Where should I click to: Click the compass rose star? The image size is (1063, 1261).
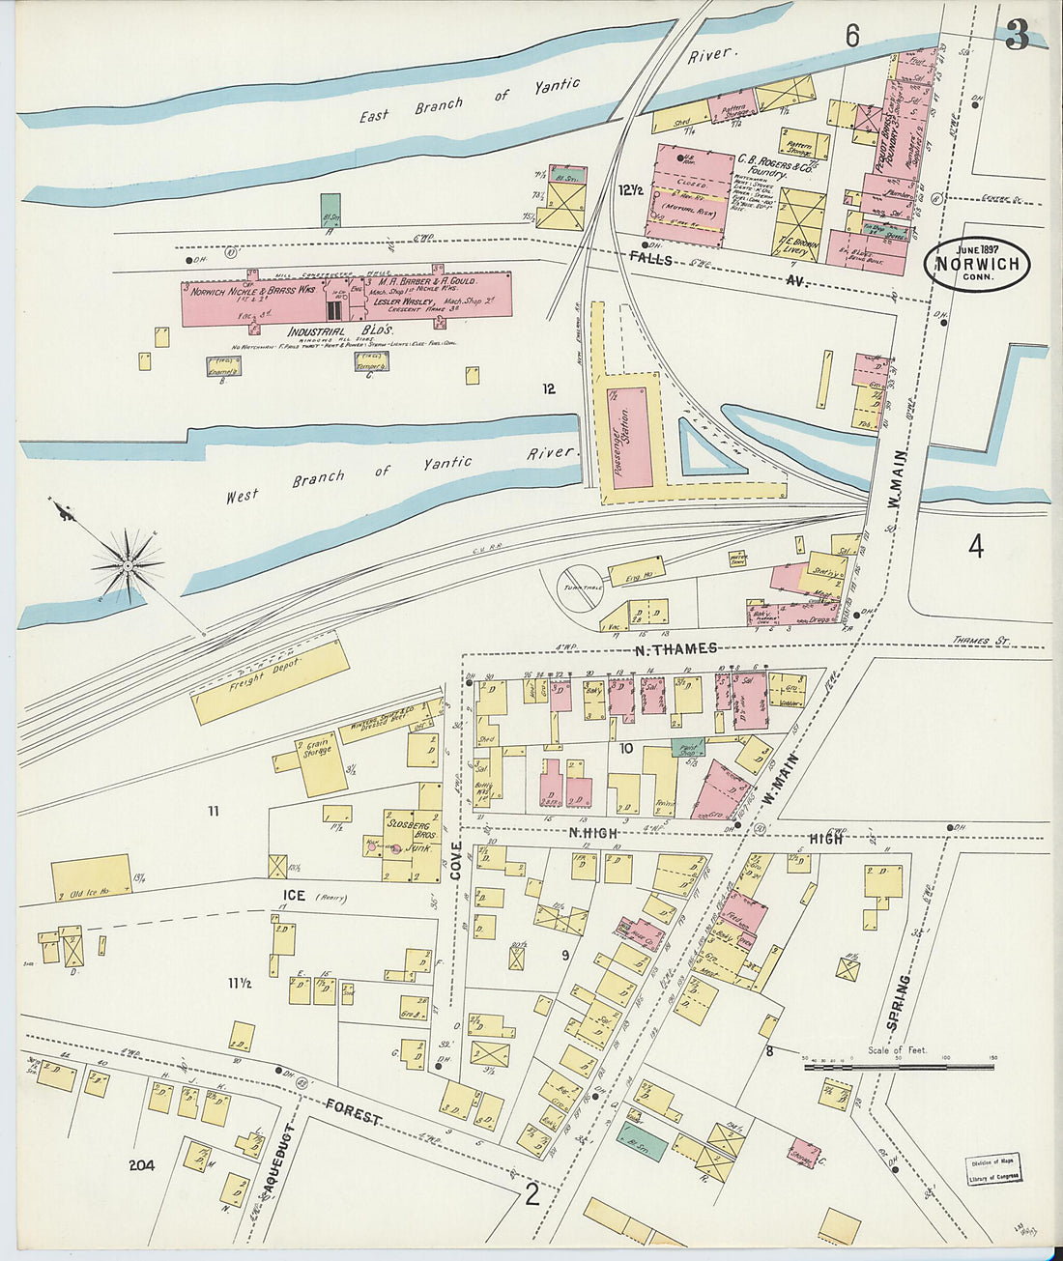coord(127,563)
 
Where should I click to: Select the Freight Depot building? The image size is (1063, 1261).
coord(270,682)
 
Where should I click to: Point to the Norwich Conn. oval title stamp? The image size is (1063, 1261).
coord(976,263)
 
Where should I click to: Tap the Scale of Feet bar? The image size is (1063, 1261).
coord(899,1067)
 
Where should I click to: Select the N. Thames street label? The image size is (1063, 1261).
coord(675,648)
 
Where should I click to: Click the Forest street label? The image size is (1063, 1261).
coord(353,1111)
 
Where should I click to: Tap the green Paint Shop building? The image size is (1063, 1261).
coord(688,746)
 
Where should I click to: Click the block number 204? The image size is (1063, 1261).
coord(142,1165)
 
